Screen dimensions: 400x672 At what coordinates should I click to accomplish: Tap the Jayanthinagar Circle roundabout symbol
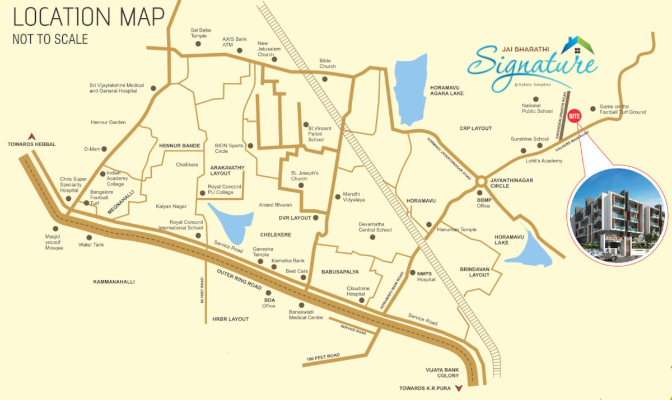pyautogui.click(x=480, y=182)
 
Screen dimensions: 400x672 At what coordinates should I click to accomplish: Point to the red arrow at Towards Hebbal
pyautogui.click(x=32, y=135)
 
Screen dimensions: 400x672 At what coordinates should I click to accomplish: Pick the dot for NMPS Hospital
pyautogui.click(x=412, y=274)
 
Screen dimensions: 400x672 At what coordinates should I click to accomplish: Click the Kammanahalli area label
pyautogui.click(x=114, y=282)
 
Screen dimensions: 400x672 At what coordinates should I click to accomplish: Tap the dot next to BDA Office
pyautogui.click(x=268, y=293)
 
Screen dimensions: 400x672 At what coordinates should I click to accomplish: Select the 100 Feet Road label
pyautogui.click(x=323, y=356)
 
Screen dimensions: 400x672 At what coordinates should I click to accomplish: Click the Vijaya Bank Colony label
pyautogui.click(x=442, y=373)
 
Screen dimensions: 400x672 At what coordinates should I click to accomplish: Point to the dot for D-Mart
pyautogui.click(x=104, y=149)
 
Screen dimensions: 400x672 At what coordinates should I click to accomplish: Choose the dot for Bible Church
pyautogui.click(x=324, y=79)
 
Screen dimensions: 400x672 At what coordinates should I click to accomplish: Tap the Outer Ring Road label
pyautogui.click(x=239, y=279)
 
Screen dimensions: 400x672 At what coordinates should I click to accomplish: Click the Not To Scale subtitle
pyautogui.click(x=50, y=39)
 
